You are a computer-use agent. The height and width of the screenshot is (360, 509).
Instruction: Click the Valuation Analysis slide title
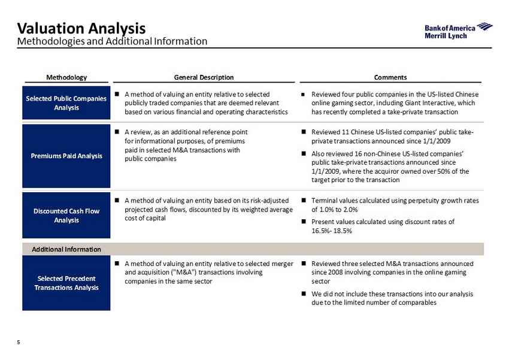pyautogui.click(x=81, y=28)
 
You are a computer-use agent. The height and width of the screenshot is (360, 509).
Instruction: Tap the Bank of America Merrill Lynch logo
pyautogui.click(x=458, y=31)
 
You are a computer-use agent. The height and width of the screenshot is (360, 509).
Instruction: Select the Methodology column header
pyautogui.click(x=66, y=77)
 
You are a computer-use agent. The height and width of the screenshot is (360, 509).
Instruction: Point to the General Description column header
pyautogui.click(x=204, y=77)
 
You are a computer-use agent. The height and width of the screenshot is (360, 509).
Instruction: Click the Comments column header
pyautogui.click(x=390, y=77)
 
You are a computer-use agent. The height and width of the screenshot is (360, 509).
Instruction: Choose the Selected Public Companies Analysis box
pyautogui.click(x=66, y=102)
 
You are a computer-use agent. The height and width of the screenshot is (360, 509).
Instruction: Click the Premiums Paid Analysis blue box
pyautogui.click(x=66, y=156)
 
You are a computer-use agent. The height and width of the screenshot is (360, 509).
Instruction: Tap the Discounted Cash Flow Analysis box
pyautogui.click(x=66, y=215)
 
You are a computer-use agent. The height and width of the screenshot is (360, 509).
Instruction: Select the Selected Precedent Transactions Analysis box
pyautogui.click(x=66, y=283)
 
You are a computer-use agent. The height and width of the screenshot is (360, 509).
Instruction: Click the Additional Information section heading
pyautogui.click(x=66, y=249)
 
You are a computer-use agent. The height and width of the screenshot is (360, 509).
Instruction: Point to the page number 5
pyautogui.click(x=19, y=342)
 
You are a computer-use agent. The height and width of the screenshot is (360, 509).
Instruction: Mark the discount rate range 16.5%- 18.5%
pyautogui.click(x=331, y=231)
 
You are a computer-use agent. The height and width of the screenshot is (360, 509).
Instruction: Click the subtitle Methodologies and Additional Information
pyautogui.click(x=112, y=41)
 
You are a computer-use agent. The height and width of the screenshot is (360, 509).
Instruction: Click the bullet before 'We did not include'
pyautogui.click(x=304, y=294)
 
